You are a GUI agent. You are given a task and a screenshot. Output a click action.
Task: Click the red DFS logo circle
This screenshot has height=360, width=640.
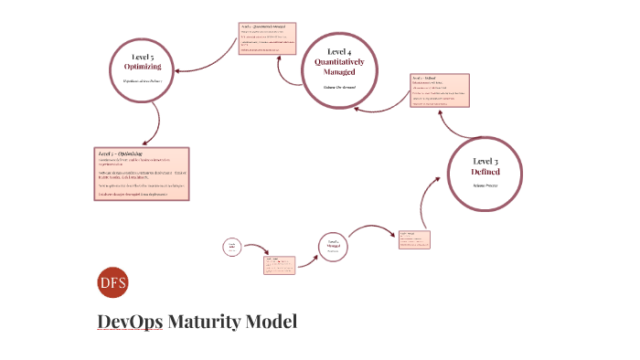click(x=112, y=284)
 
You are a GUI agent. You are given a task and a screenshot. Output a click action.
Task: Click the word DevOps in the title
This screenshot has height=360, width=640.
click(x=130, y=323)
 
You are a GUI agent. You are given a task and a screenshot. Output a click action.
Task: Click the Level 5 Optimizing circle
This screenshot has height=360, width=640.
click(x=142, y=69)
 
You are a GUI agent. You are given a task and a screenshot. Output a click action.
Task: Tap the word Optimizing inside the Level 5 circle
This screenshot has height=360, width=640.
click(x=143, y=67)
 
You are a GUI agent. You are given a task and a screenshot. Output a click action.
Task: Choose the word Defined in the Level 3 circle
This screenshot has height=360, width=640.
click(x=485, y=172)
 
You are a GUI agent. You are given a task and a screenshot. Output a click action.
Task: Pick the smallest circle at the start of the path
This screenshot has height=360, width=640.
click(x=232, y=247)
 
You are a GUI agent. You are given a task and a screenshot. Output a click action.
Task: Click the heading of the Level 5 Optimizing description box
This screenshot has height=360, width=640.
click(x=126, y=154)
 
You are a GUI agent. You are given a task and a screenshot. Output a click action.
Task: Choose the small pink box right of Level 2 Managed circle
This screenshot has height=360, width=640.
click(x=414, y=240)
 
